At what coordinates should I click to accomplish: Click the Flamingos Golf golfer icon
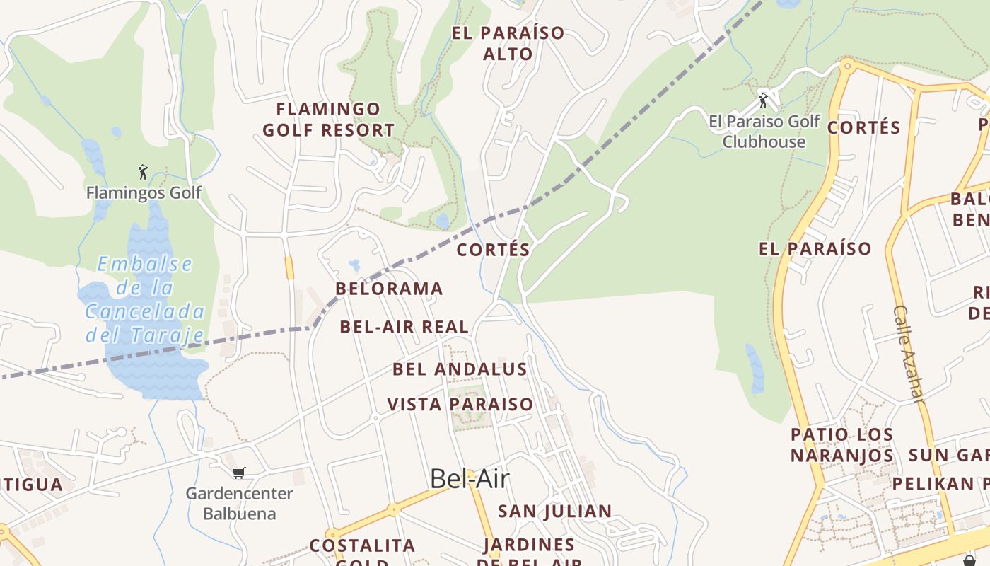pos(143,172)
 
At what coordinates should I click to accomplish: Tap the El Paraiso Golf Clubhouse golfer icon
pos(763,100)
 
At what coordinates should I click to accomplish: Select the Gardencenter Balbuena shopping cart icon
pos(239,473)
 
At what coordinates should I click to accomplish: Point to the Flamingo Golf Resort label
pos(328,120)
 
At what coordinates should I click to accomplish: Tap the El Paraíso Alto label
pos(508,43)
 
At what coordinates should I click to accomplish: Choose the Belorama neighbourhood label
pos(389,289)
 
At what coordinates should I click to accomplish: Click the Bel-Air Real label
pos(404,327)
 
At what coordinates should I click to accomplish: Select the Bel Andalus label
pos(460,369)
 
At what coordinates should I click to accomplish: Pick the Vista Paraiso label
pos(460,405)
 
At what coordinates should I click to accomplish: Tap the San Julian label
pos(555,512)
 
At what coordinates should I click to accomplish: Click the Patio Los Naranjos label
pos(841,445)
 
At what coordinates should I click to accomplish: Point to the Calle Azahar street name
pos(909,354)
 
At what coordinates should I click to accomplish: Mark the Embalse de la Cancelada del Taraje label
pos(145,299)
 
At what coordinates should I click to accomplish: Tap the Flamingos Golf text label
pos(144,192)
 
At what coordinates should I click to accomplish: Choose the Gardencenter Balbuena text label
pos(239,503)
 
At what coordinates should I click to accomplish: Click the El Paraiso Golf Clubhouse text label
pos(764,132)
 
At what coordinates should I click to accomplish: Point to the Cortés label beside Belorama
pos(494,250)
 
